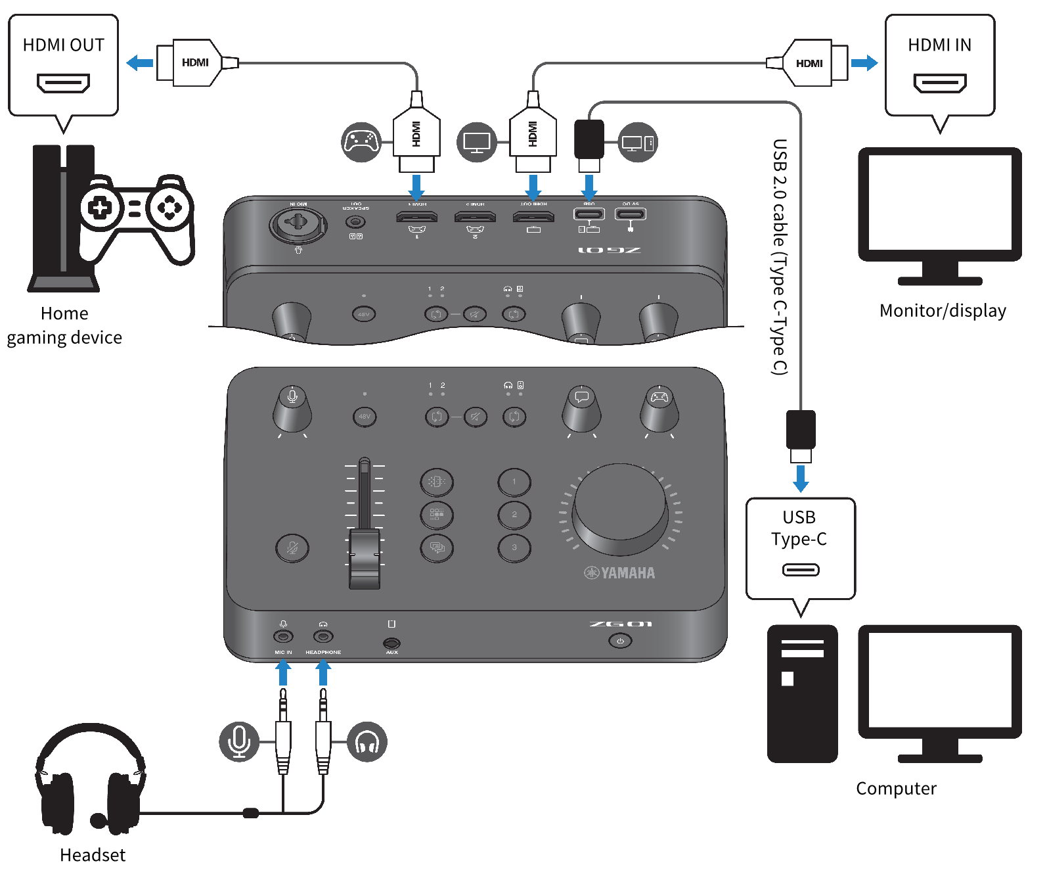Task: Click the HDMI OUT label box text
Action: [x=63, y=45]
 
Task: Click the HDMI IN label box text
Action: [x=939, y=45]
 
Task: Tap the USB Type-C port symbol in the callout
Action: [x=800, y=570]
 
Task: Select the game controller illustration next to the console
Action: [x=135, y=217]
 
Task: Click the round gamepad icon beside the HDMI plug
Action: [x=361, y=141]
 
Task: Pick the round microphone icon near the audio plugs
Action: [x=238, y=742]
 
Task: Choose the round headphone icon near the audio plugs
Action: [x=367, y=742]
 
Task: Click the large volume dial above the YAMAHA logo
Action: [x=620, y=509]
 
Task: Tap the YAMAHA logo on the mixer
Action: [x=619, y=573]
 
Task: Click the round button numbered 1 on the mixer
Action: [x=514, y=482]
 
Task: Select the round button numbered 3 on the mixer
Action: [x=514, y=547]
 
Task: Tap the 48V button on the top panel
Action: [x=365, y=417]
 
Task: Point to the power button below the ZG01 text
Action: [x=620, y=641]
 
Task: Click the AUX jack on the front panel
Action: [x=391, y=643]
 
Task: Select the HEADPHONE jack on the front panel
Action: [x=323, y=636]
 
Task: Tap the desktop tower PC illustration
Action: [x=802, y=693]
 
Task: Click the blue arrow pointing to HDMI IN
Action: [x=864, y=63]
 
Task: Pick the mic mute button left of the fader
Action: [x=292, y=548]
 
